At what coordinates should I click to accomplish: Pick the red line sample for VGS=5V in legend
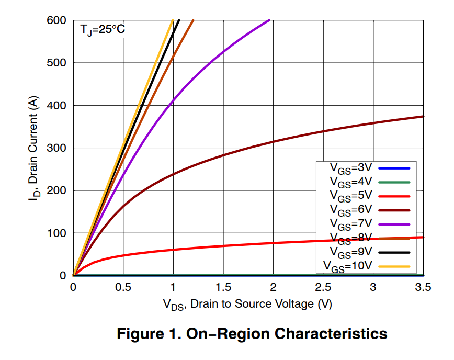point(394,196)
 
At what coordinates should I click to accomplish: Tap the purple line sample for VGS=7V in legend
point(394,224)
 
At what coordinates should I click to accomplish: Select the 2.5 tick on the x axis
point(323,287)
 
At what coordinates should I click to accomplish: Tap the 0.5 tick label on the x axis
point(123,287)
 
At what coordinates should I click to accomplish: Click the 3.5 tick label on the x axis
point(423,287)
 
